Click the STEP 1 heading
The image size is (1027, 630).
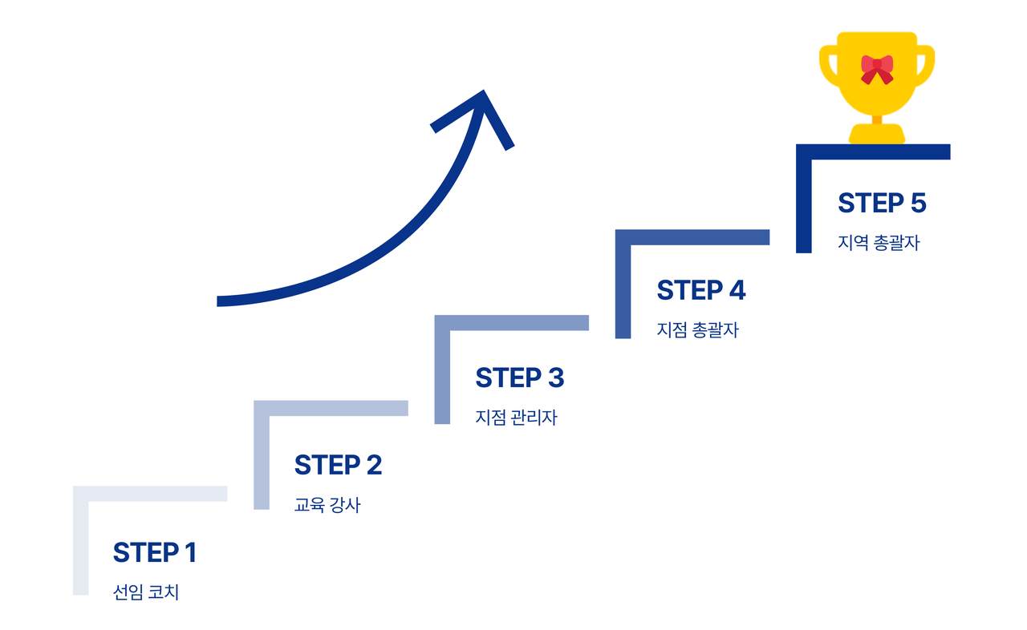click(154, 553)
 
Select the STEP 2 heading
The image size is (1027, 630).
click(338, 465)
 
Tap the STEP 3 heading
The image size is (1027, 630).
click(519, 378)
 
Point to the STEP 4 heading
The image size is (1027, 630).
click(700, 290)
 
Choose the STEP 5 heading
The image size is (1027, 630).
click(882, 203)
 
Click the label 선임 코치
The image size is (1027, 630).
click(146, 593)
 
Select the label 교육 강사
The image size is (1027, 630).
click(327, 506)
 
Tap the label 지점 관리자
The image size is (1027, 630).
click(516, 418)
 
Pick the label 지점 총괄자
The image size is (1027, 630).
click(697, 330)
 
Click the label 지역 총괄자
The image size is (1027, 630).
click(879, 243)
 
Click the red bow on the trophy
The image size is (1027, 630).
click(877, 69)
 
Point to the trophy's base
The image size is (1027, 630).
click(877, 134)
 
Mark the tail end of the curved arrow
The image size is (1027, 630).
click(221, 301)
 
